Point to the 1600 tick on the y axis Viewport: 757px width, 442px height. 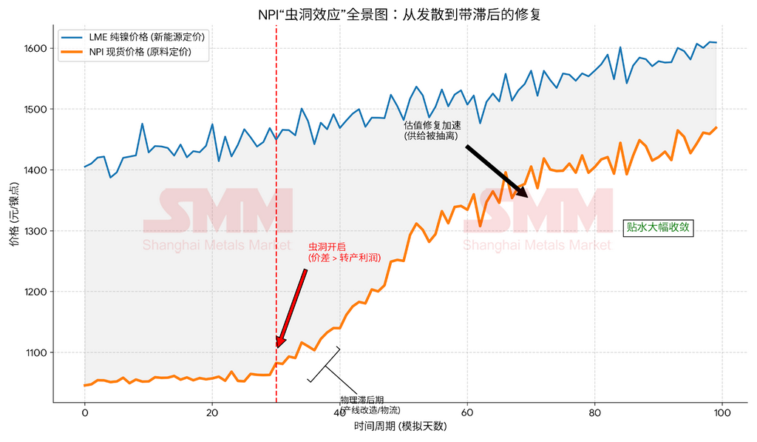click(x=34, y=49)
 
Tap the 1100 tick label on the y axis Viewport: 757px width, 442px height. click(x=34, y=353)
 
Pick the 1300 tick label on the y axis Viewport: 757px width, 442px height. click(x=34, y=231)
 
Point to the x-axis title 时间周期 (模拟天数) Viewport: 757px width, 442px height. click(x=400, y=427)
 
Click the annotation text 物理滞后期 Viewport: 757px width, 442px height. click(x=361, y=401)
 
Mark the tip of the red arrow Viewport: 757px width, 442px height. click(x=278, y=346)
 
